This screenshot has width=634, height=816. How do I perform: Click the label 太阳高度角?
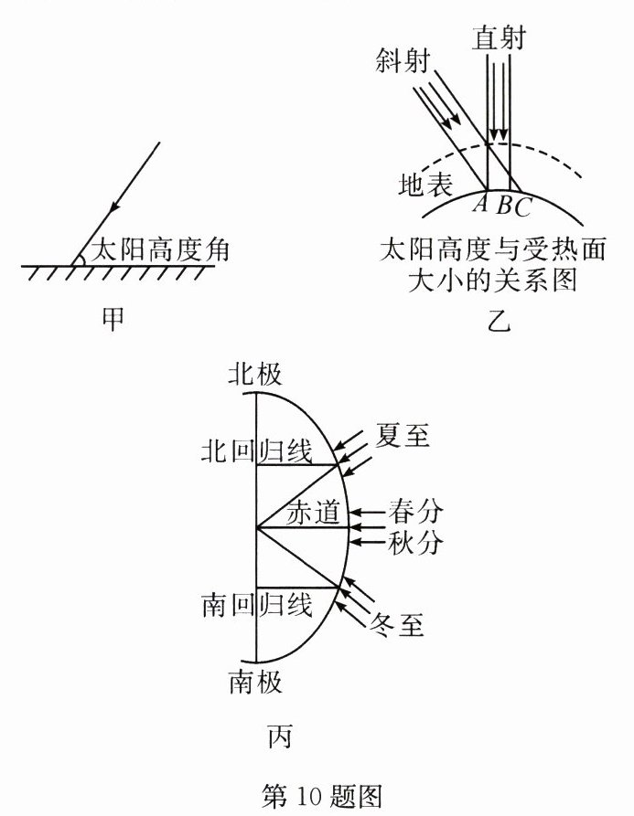coord(153,247)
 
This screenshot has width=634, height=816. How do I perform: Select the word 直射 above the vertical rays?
coord(500,37)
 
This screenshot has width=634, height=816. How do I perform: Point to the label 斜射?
coord(403,61)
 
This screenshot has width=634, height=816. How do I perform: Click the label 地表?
coord(425,185)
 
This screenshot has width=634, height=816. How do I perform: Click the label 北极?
coord(255,375)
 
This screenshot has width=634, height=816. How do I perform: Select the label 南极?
coord(255,682)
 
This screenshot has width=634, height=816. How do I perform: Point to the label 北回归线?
coord(256,450)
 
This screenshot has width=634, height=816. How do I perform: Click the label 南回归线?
coord(256,604)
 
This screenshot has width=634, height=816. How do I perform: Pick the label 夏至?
coord(402,436)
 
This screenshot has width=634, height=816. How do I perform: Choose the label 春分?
coord(415,508)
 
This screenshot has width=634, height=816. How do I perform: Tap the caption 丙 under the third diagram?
coord(280,734)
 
